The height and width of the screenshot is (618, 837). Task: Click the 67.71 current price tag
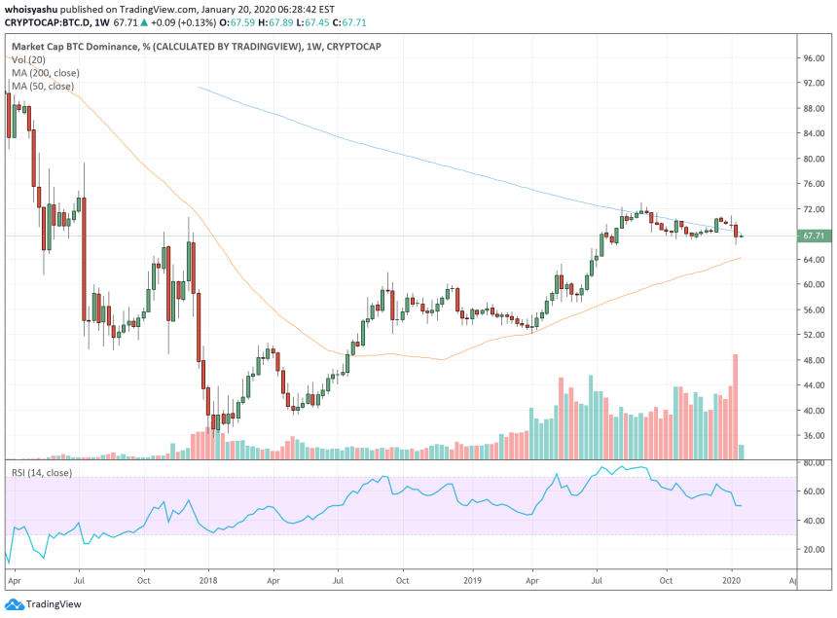tap(814, 236)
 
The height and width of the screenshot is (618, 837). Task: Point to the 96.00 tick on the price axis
tap(814, 58)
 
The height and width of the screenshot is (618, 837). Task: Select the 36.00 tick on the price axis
tap(814, 436)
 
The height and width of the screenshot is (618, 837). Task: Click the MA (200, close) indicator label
tap(45, 73)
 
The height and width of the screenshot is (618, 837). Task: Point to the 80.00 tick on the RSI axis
tap(814, 463)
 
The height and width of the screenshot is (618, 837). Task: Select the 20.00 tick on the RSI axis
tap(814, 550)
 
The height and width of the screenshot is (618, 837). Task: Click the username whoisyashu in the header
tap(35, 8)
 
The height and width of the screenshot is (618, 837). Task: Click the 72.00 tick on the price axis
tap(814, 209)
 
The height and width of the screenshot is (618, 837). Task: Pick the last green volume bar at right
tap(743, 452)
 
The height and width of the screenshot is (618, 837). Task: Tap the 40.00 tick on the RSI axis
tap(814, 522)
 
